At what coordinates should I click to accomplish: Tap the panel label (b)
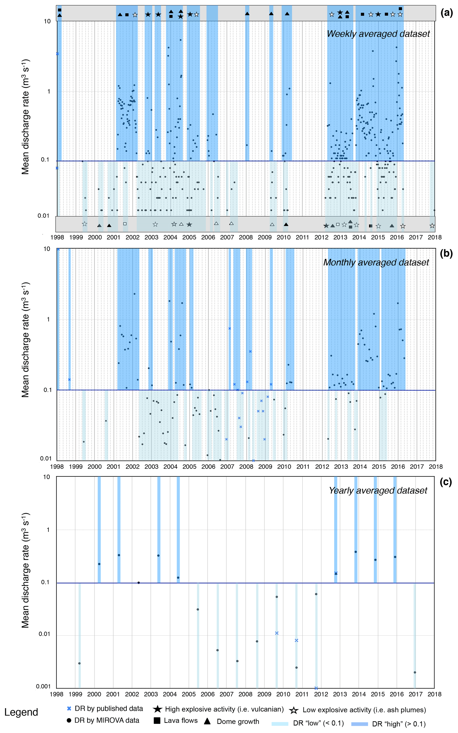click(446, 253)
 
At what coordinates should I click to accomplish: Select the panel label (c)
click(446, 482)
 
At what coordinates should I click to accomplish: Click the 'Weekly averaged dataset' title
click(378, 34)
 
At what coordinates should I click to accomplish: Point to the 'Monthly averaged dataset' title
click(376, 262)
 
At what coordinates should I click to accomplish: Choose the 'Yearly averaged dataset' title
click(378, 490)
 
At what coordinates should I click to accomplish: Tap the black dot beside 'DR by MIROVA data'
click(69, 720)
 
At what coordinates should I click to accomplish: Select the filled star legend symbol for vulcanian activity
click(157, 709)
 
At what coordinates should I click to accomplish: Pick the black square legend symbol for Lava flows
click(157, 721)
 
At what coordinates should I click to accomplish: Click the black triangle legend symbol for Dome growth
click(207, 721)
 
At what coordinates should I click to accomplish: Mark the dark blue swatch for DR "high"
click(360, 724)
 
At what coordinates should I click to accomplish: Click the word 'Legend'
click(21, 712)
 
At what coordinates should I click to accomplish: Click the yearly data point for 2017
click(415, 672)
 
